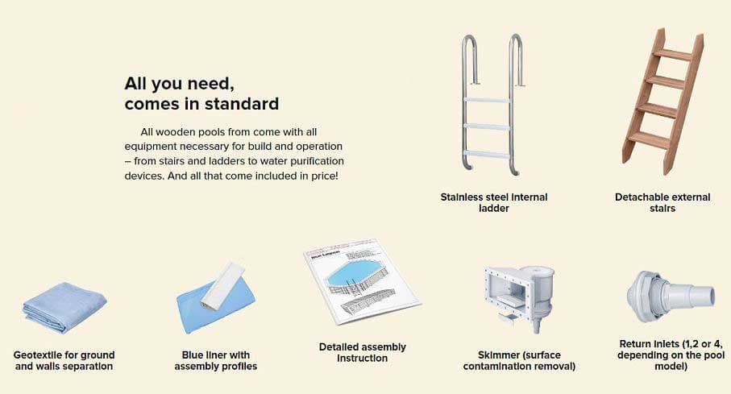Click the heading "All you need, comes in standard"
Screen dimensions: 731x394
[201, 93]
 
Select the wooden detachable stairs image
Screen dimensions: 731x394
[662, 102]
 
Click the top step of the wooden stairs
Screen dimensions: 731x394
[672, 55]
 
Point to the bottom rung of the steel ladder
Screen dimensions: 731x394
[487, 154]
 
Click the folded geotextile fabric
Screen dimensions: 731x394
[64, 307]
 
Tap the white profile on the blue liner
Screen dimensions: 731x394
[222, 285]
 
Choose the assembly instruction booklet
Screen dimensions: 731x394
[362, 283]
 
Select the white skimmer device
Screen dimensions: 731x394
[519, 297]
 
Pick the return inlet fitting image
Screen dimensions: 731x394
[671, 297]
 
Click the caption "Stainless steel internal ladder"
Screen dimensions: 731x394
[494, 203]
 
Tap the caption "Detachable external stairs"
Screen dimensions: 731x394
[662, 203]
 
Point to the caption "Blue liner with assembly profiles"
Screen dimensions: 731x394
[216, 361]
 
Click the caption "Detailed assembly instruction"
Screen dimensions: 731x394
[362, 352]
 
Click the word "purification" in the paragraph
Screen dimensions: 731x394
[315, 161]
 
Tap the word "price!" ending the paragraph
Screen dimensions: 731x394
[324, 176]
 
